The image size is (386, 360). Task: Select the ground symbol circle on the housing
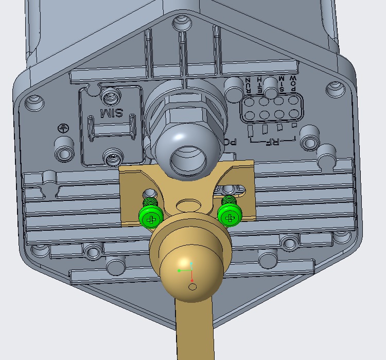pos(63,130)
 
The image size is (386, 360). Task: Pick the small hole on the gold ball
pos(192,286)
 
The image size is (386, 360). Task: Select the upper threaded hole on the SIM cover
pos(110,96)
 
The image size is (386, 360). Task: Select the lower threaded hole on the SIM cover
pos(111,157)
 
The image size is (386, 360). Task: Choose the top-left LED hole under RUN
pos(248,102)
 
